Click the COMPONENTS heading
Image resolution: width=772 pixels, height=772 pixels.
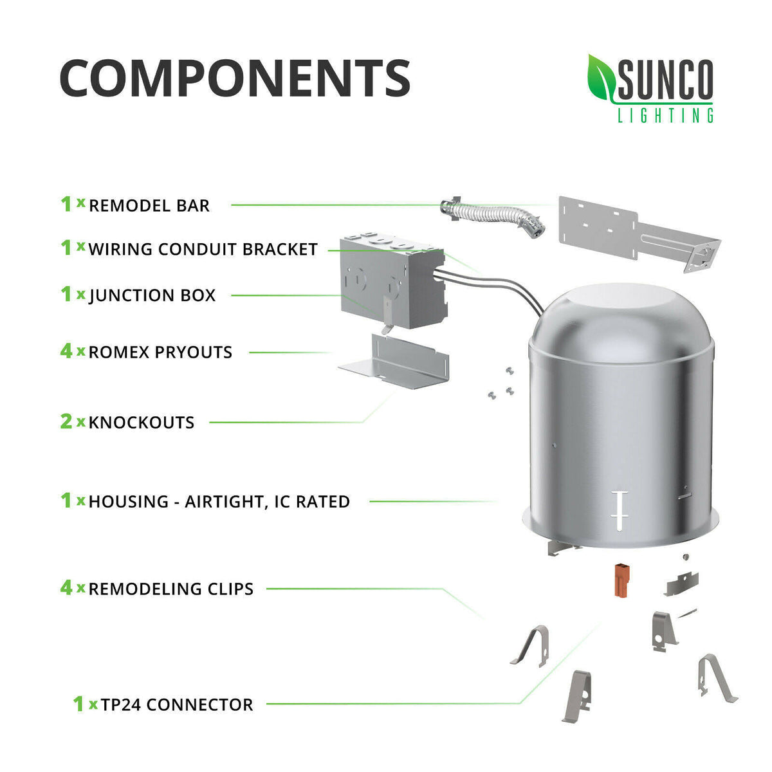click(235, 78)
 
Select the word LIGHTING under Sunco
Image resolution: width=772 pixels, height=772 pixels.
click(665, 115)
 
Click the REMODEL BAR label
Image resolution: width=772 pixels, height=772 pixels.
click(149, 205)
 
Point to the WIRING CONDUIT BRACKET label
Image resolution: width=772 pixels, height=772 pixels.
click(203, 249)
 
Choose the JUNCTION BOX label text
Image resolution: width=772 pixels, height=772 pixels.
click(152, 296)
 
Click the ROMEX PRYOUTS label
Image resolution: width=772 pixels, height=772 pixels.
click(160, 352)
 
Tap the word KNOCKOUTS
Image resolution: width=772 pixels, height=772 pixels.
click(142, 423)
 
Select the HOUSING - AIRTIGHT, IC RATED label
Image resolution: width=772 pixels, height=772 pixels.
click(219, 502)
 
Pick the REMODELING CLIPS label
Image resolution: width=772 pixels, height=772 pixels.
click(171, 589)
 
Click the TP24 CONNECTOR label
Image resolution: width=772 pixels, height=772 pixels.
click(177, 704)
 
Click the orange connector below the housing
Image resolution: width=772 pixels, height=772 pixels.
click(621, 580)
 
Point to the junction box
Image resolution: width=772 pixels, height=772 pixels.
click(392, 282)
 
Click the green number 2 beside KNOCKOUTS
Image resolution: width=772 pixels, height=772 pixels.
click(66, 421)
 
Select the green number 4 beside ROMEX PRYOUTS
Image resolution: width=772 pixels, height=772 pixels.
click(66, 351)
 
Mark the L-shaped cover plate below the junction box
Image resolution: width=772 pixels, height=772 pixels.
click(394, 362)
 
